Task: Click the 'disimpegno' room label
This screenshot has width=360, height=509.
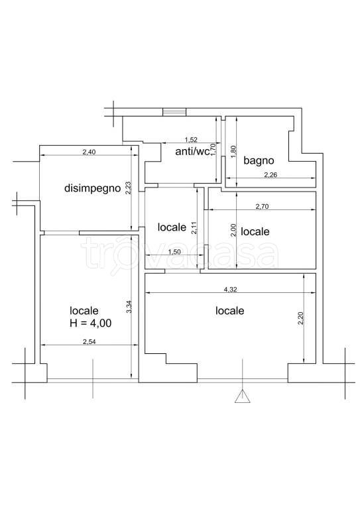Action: pyautogui.click(x=93, y=188)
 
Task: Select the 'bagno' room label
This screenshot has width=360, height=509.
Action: pyautogui.click(x=259, y=160)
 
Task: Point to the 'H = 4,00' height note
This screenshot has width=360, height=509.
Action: pyautogui.click(x=91, y=323)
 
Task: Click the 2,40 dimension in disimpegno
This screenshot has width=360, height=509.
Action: pyautogui.click(x=89, y=152)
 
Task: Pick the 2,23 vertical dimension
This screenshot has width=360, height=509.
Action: pyautogui.click(x=128, y=188)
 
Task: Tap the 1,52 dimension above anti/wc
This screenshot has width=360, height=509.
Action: pyautogui.click(x=191, y=140)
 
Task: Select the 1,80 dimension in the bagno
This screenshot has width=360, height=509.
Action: pyautogui.click(x=235, y=152)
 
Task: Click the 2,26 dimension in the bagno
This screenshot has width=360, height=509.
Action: pyautogui.click(x=270, y=175)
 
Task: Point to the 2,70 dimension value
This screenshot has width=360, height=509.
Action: pyautogui.click(x=262, y=206)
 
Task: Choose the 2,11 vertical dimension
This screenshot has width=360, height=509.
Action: pyautogui.click(x=194, y=228)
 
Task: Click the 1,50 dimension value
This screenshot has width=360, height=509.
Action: pyautogui.click(x=174, y=252)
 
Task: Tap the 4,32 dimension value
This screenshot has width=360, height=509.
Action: pyautogui.click(x=230, y=290)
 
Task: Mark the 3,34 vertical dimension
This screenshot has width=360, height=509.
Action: pyautogui.click(x=129, y=307)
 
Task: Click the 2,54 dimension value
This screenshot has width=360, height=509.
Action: pyautogui.click(x=90, y=341)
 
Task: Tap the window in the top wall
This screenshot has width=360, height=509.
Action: pyautogui.click(x=174, y=111)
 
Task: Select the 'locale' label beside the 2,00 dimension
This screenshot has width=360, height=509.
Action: pyautogui.click(x=255, y=231)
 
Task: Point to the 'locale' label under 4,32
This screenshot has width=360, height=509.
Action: pyautogui.click(x=230, y=311)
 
